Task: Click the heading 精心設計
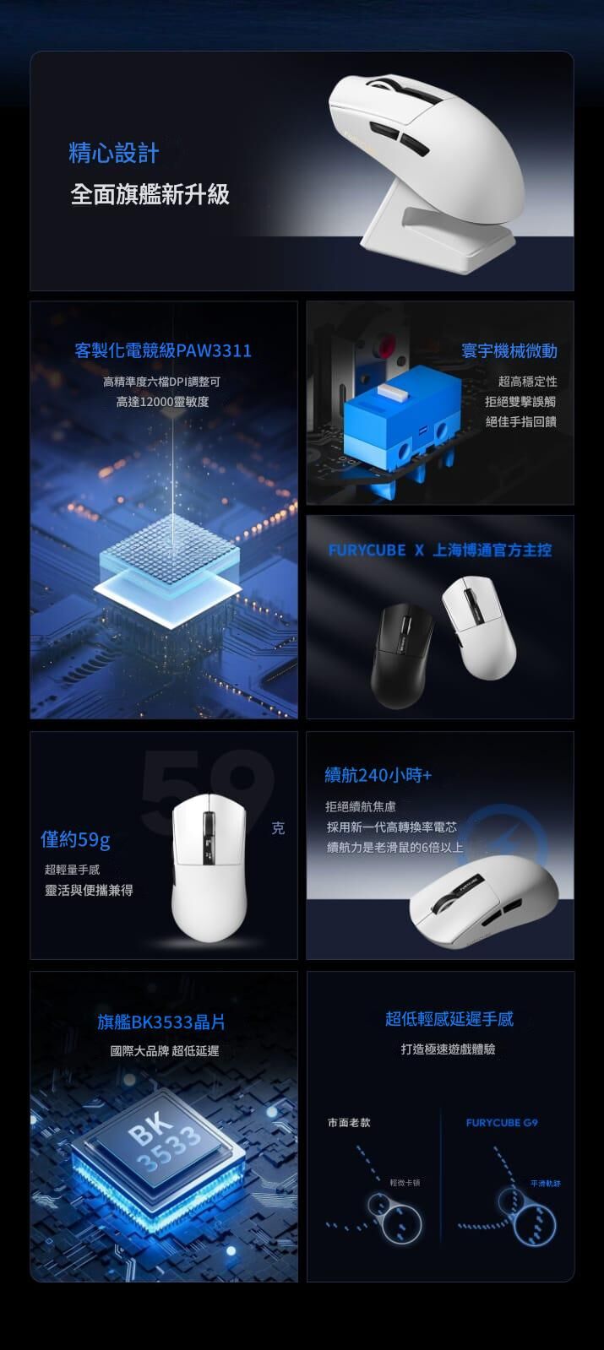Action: tap(113, 153)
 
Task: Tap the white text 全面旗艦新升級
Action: tap(150, 194)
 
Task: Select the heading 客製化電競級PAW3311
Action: tap(163, 350)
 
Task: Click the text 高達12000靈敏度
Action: tap(162, 401)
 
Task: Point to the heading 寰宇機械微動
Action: tap(509, 350)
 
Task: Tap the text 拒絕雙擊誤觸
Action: tap(520, 401)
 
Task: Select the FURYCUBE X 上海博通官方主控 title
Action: tap(439, 550)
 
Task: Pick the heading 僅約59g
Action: tap(76, 840)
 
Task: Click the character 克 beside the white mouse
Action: tap(279, 828)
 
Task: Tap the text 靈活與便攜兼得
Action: tap(89, 891)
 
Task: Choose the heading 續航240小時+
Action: tap(378, 774)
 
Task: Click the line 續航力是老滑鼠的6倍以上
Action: tap(395, 846)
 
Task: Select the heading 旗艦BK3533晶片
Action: tap(161, 1022)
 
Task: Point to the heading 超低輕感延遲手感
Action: tap(449, 1019)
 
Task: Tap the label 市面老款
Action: tap(349, 1123)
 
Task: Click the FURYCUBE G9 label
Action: tap(502, 1123)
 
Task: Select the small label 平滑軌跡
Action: tap(545, 1184)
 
